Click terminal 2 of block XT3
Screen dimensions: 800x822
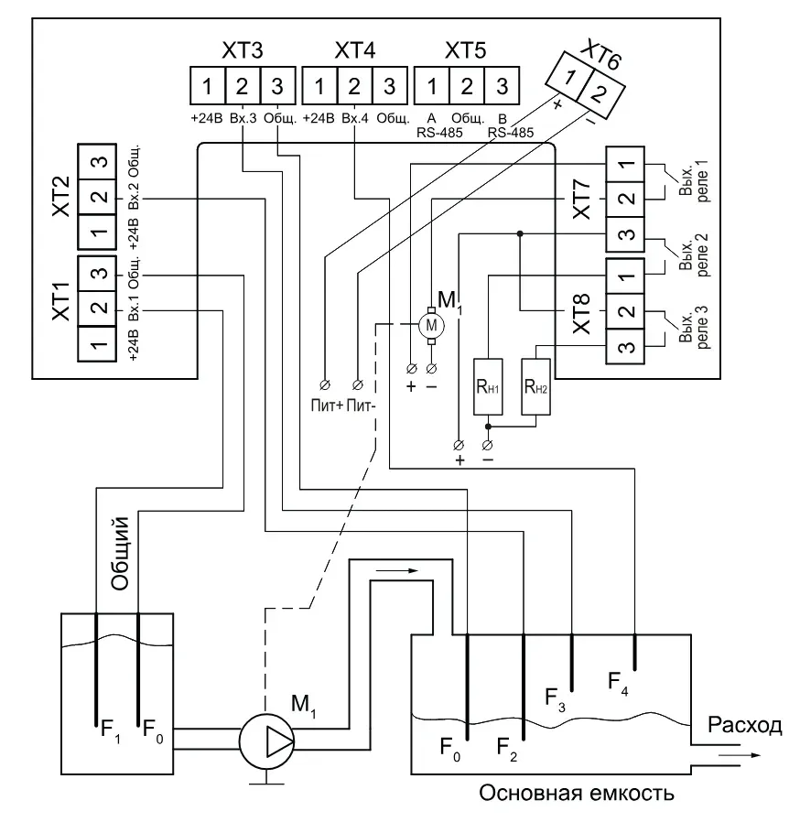243,85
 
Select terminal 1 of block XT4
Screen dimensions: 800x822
319,85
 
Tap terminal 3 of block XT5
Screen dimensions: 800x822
503,85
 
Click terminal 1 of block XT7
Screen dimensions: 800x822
625,164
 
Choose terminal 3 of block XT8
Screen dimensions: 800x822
625,347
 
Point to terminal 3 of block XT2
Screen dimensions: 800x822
97,161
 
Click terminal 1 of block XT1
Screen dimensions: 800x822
97,344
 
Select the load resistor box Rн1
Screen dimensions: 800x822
488,387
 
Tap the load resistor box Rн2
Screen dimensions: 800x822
535,387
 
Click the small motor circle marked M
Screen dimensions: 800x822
431,326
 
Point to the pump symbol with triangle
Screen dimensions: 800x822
267,741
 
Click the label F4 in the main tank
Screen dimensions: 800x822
618,684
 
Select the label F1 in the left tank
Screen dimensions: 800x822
111,731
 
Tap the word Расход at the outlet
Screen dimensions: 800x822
744,725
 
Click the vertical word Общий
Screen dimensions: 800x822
120,553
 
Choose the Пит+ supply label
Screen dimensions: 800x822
327,406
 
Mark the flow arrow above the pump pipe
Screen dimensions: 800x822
397,570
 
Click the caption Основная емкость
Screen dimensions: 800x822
577,794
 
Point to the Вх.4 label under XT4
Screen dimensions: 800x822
355,118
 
